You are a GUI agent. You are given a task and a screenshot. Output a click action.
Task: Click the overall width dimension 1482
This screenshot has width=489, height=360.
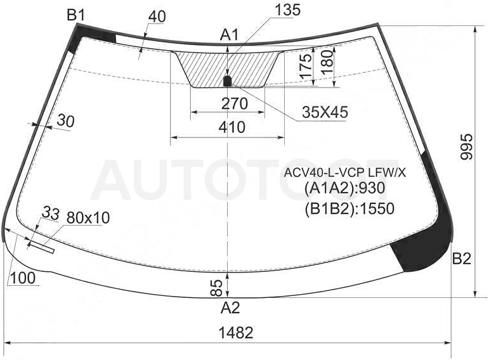coord(236,333)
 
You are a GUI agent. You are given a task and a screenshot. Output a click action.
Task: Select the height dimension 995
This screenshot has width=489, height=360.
coord(467,147)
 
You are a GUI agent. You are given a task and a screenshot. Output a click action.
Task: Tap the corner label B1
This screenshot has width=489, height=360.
coord(76,15)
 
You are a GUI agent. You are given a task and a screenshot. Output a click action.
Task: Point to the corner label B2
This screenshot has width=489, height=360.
coord(462,259)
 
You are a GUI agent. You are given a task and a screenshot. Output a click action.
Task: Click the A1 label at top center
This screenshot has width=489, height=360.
coord(229,35)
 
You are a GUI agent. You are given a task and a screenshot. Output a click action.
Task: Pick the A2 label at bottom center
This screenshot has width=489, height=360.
coord(230,307)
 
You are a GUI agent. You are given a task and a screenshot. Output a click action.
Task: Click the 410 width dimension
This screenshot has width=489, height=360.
coord(232,127)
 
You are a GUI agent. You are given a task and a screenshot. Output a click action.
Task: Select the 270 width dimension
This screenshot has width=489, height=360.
coord(235,103)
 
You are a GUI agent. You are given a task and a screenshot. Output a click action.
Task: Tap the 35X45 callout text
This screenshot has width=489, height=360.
coord(325,112)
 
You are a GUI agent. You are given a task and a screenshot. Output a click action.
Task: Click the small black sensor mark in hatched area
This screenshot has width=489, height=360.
coord(228,81)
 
